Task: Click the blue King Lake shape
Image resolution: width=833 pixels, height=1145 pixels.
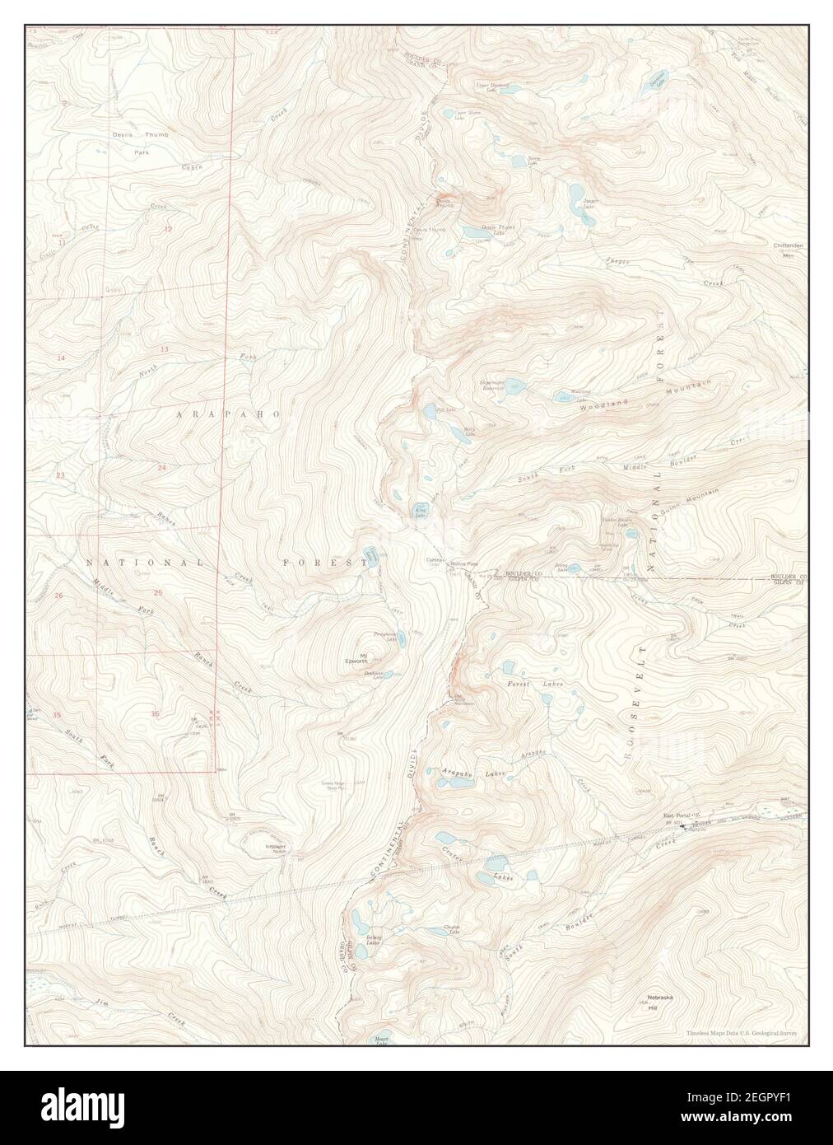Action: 419,512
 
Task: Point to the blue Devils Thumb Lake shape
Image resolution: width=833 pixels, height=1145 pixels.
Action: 476,233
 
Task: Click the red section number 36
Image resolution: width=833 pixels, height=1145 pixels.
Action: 156,713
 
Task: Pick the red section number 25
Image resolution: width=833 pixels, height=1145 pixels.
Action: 158,593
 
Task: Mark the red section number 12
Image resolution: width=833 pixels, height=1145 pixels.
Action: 168,228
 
